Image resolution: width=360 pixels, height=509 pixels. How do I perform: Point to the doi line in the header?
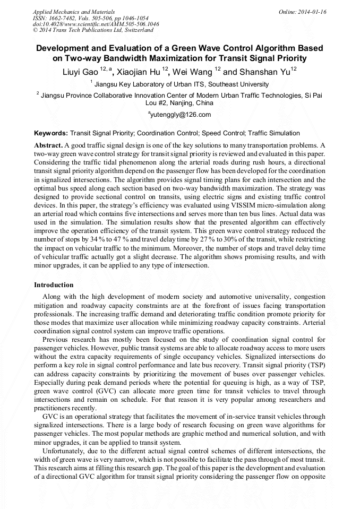(x=96, y=24)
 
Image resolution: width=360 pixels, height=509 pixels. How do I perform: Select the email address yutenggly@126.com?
(x=181, y=115)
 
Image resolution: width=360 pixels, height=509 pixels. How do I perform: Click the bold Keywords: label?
(x=50, y=133)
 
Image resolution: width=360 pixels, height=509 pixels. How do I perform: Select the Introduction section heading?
(x=54, y=285)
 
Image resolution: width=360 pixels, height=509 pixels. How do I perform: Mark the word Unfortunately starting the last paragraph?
(x=65, y=450)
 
